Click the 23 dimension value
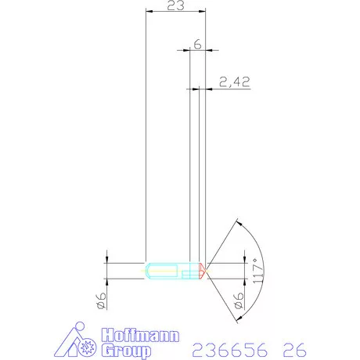175,5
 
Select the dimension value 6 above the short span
197,45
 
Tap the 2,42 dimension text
234,82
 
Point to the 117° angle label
257,271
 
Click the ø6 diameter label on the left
102,301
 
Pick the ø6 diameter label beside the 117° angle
239,301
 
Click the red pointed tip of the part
203,271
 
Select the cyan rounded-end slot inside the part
162,271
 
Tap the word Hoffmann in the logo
140,335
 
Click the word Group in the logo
126,350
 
